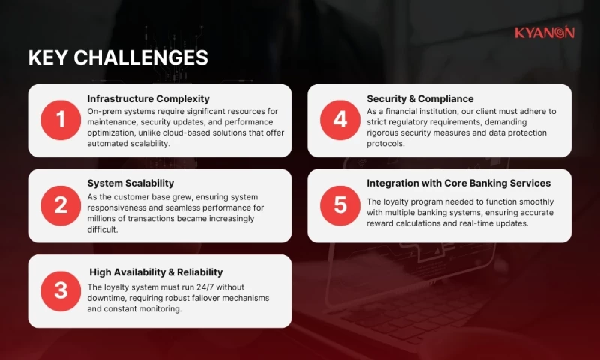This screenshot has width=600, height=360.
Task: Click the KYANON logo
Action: [544, 32]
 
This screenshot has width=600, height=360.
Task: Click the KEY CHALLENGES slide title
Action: [118, 58]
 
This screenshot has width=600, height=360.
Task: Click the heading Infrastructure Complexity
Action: [148, 98]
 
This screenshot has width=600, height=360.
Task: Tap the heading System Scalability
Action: [130, 183]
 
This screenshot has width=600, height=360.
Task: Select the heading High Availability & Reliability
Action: [156, 271]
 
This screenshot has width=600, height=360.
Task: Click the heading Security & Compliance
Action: [420, 98]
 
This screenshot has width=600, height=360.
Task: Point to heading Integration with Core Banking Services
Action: [458, 183]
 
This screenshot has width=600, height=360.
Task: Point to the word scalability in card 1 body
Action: [148, 144]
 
